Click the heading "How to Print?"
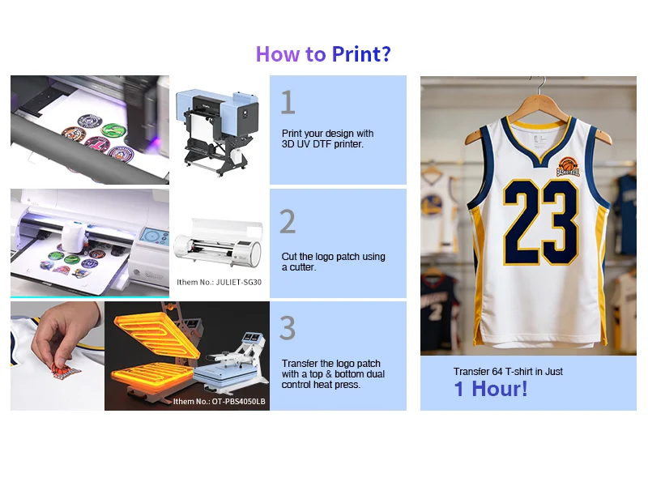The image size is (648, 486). pos(323,54)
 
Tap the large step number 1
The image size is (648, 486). pos(288,102)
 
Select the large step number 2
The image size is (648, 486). pos(288,221)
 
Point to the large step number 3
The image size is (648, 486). pos(288,328)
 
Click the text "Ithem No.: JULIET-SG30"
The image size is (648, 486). pos(219,282)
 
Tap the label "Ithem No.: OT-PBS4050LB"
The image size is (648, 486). pos(219,401)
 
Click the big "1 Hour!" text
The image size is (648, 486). pos(491,389)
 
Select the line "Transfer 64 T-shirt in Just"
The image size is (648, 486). pos(508,372)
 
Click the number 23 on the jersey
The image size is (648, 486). pos(540,222)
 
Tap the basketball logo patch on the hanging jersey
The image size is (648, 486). pos(569,167)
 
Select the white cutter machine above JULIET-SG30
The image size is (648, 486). pos(218,244)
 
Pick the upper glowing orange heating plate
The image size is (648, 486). pos(157,334)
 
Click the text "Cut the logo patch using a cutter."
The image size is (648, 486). pos(333,262)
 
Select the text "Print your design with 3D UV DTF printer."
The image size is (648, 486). pos(327,139)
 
